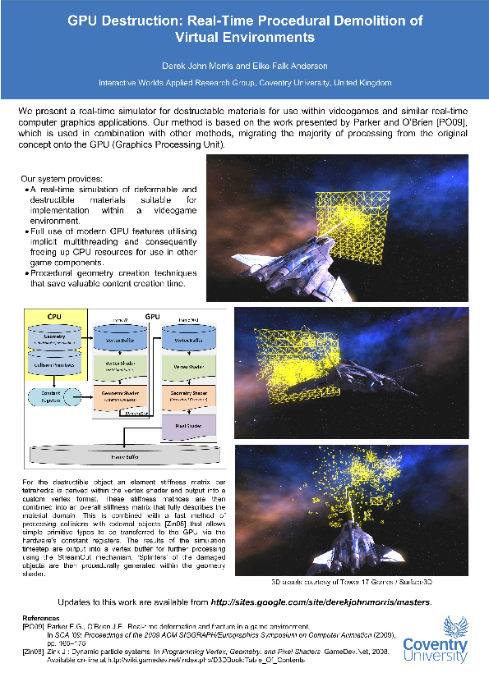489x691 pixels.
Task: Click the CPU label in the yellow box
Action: [x=53, y=316]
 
